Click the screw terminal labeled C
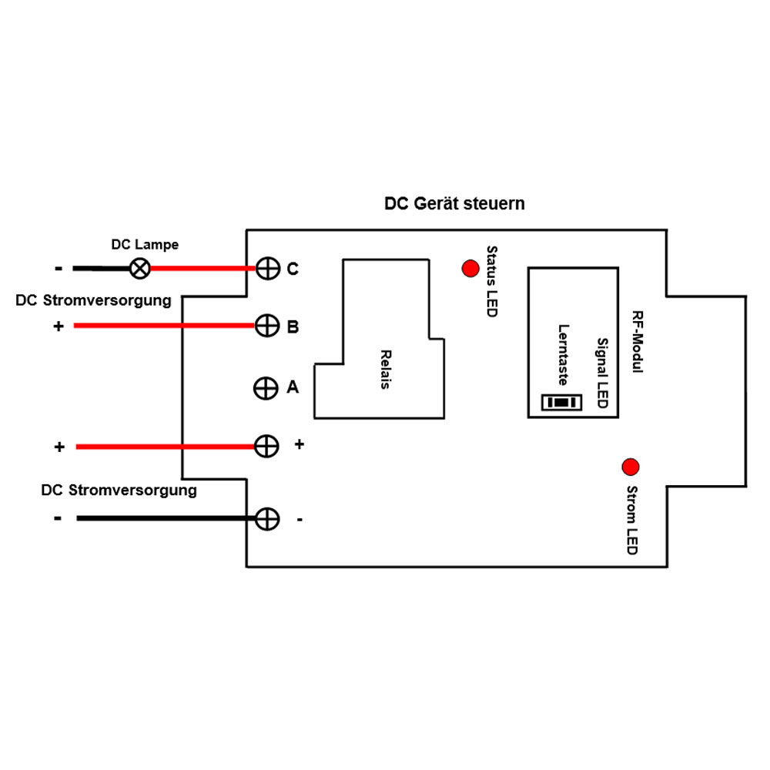pos(266,269)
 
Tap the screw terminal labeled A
pos(266,388)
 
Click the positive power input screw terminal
pos(266,446)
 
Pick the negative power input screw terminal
pos(266,519)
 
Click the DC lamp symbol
pos(139,269)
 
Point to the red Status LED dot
pos(470,269)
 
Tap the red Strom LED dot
pos(631,467)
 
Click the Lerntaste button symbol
pos(561,402)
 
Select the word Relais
pos(385,370)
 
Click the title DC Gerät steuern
pos(454,204)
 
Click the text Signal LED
pos(603,373)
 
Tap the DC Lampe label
pos(145,245)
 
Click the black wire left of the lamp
pos(100,269)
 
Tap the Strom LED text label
pos(631,520)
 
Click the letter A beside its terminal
pos(293,387)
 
